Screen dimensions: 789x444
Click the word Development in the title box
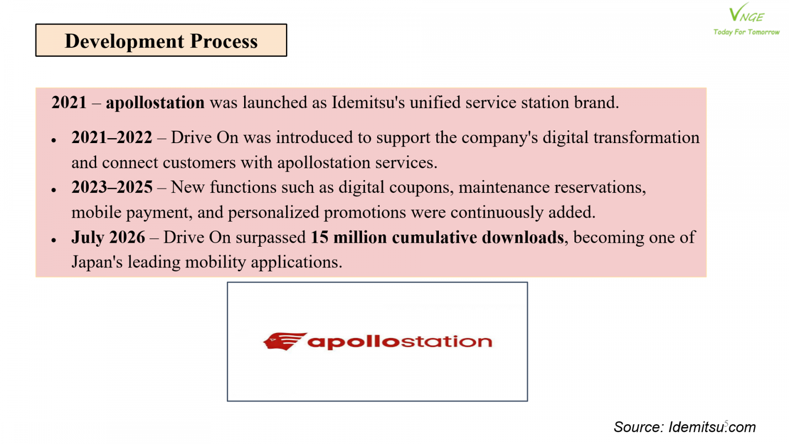(x=124, y=41)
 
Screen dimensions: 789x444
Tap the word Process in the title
(x=224, y=41)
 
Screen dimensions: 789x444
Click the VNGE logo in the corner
(x=746, y=13)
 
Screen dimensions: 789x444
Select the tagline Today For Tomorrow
(x=747, y=32)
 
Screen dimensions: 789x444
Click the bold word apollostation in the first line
(x=155, y=103)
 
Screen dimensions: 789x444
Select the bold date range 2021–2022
(x=111, y=138)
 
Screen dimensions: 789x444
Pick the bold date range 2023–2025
(x=111, y=187)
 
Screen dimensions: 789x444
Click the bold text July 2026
(x=108, y=237)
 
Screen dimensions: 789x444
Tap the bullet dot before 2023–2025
(x=54, y=190)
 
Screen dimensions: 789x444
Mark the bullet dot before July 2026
(x=54, y=240)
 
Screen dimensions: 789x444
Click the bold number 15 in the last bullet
(x=320, y=237)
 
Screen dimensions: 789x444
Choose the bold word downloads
(x=523, y=237)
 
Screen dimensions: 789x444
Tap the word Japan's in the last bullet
(x=97, y=262)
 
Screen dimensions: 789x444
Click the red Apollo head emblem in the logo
(x=285, y=341)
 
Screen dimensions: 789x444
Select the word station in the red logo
(x=447, y=341)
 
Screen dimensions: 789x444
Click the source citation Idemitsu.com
(x=712, y=427)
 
